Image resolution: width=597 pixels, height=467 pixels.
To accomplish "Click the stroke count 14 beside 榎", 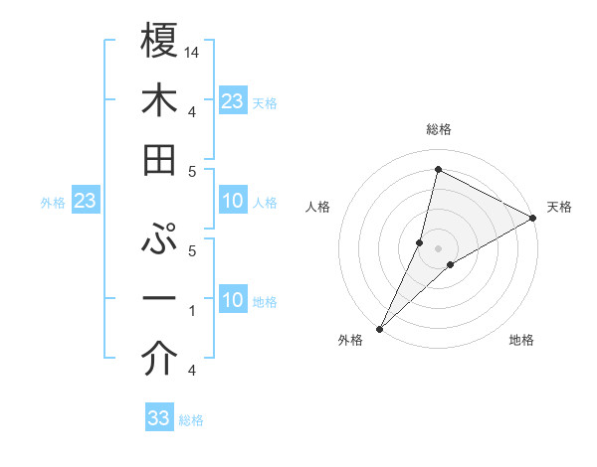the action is tap(192, 53).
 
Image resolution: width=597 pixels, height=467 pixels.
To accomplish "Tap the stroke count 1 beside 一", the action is tap(191, 312).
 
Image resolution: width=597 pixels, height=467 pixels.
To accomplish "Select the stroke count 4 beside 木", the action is tap(191, 111).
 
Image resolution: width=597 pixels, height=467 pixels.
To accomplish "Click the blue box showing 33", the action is tap(159, 418).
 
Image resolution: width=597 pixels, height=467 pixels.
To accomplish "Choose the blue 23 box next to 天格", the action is tap(232, 100).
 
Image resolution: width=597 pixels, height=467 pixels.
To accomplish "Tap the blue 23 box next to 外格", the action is tap(85, 202).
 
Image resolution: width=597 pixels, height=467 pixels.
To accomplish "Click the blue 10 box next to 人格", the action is tap(232, 202).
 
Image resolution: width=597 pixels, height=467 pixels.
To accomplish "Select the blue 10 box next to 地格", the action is tap(232, 300).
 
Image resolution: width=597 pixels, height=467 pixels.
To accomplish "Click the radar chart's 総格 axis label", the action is tap(439, 129).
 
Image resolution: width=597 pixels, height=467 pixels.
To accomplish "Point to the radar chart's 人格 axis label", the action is tap(318, 207).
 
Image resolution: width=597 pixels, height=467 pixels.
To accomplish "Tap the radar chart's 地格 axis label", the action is tap(521, 341).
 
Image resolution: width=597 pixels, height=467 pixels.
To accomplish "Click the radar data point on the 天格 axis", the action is tap(533, 219).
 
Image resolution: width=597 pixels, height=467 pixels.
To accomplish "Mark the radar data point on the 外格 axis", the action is tap(379, 328).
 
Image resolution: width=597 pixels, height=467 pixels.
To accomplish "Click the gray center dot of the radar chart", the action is tap(439, 247).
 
